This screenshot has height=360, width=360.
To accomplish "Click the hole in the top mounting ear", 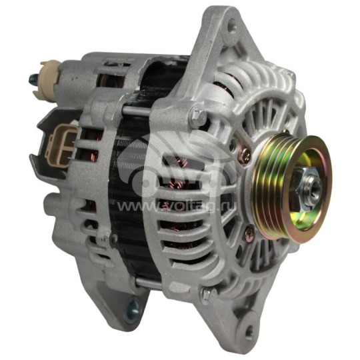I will (x=230, y=28).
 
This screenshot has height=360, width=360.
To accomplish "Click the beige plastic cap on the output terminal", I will (x=50, y=69).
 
